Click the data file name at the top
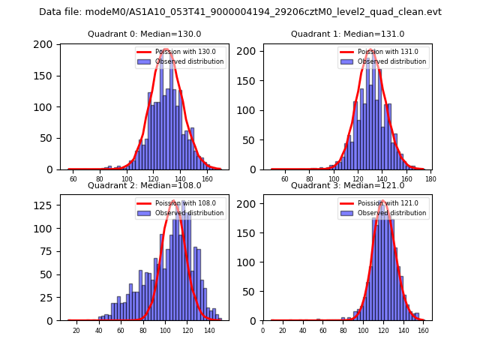(240, 12)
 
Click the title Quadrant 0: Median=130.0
(145, 34)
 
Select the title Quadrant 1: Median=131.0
(347, 34)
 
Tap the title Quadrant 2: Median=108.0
(145, 185)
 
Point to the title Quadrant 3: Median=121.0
(347, 185)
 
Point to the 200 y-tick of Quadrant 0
(46, 44)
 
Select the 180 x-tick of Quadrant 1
(430, 179)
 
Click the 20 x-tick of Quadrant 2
(76, 331)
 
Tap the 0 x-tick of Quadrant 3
(263, 331)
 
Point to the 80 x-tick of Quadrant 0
(100, 179)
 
